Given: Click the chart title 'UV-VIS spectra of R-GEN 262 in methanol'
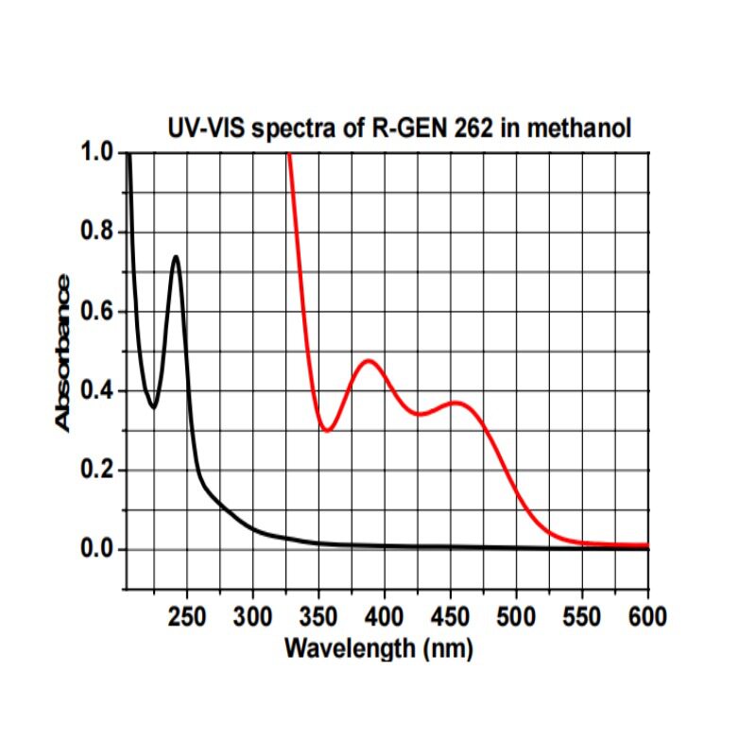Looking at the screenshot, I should (x=398, y=129).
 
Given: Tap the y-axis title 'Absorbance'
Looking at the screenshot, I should (x=62, y=352).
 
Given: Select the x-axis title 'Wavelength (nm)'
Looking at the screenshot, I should (x=378, y=649).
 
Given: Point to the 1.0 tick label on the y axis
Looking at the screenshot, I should (x=95, y=152).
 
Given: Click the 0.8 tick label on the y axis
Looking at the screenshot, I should (x=95, y=232).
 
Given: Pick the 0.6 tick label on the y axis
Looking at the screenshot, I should (x=95, y=312).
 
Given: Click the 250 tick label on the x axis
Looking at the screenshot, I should (x=186, y=618).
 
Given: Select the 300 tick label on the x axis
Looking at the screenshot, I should (x=252, y=618).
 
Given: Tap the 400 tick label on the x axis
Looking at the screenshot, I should (x=384, y=618).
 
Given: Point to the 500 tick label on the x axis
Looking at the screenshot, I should (x=516, y=618).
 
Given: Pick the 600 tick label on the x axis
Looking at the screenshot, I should (x=647, y=618).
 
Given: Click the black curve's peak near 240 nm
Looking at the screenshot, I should (x=176, y=256).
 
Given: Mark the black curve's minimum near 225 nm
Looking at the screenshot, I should (x=154, y=407).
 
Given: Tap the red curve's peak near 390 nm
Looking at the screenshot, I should (x=368, y=361).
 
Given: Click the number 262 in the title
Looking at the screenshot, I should (x=472, y=129).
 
